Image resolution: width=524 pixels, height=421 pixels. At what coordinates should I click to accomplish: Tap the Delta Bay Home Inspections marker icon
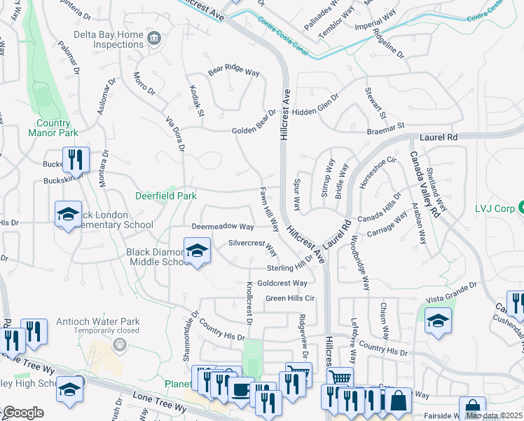coord(153,36)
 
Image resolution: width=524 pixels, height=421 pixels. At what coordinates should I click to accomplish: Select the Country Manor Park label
coord(53,127)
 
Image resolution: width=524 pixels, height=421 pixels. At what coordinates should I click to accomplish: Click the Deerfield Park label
coord(166,196)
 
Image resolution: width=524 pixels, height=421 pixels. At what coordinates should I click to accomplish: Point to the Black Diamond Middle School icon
coord(197,251)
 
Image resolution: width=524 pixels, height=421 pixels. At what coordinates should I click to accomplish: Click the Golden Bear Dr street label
coord(254,123)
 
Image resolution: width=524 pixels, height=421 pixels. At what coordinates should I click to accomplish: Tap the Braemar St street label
coord(386,128)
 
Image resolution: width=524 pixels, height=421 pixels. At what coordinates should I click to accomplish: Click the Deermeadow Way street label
coord(222,227)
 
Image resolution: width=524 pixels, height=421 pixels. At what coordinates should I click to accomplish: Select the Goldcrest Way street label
coord(282,283)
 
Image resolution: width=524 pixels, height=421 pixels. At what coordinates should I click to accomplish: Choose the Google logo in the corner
coord(22,413)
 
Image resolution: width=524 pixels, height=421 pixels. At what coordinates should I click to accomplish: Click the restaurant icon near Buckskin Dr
coord(75,159)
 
